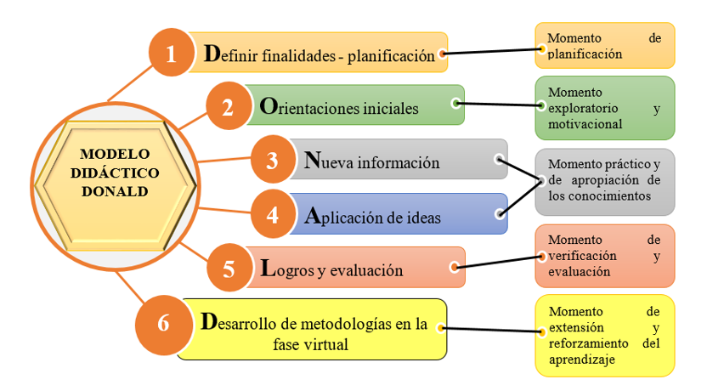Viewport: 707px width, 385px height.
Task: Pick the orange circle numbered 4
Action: [x=273, y=214]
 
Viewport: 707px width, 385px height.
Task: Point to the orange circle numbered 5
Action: [x=229, y=269]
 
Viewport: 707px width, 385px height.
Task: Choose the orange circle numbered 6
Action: [x=165, y=323]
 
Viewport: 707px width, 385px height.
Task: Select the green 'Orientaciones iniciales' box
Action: [x=357, y=108]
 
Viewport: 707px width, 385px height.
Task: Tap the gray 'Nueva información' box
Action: [x=399, y=161]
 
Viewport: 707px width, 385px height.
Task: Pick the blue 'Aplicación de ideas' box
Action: [x=399, y=215]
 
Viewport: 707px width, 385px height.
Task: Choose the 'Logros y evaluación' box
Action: [x=357, y=269]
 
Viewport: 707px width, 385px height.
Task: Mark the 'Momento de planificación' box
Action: [x=604, y=45]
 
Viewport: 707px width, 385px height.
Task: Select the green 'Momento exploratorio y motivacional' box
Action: [x=604, y=107]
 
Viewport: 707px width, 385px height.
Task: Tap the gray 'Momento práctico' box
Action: [x=604, y=181]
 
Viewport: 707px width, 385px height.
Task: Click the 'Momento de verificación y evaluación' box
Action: [x=604, y=255]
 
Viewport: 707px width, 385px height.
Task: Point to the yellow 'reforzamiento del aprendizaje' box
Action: [x=604, y=335]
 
